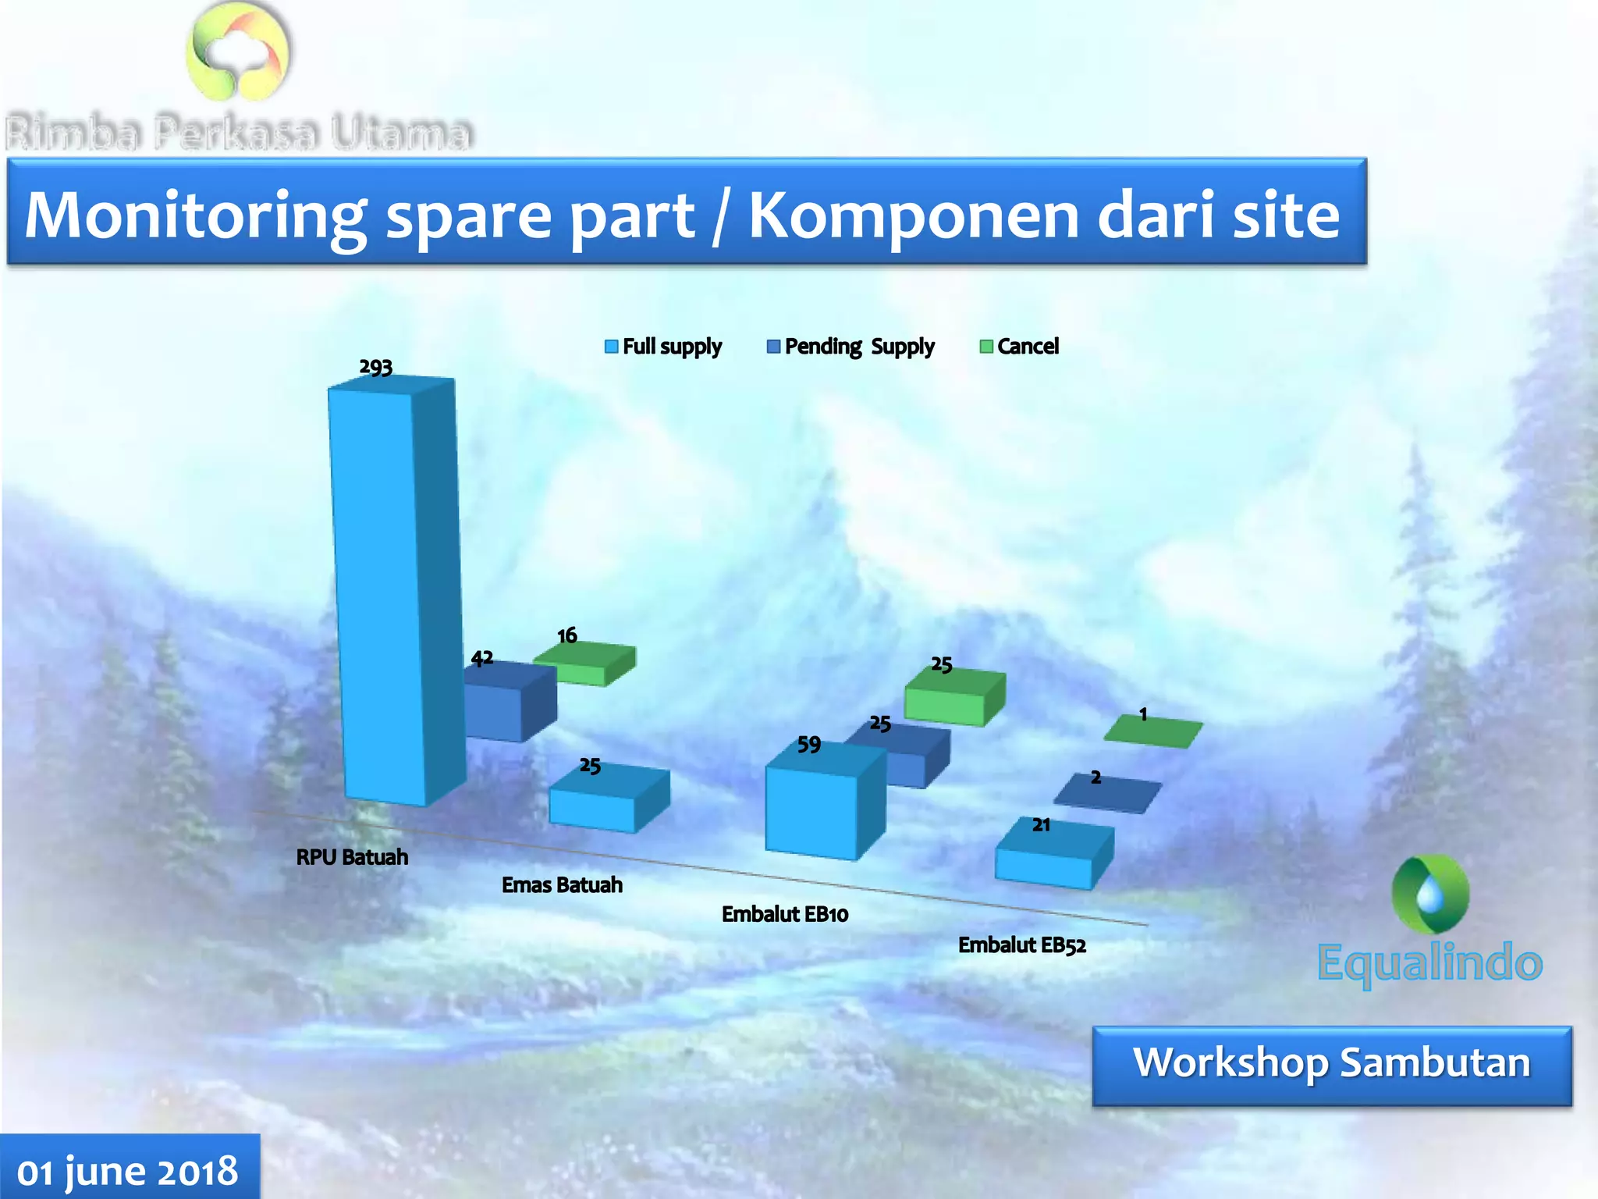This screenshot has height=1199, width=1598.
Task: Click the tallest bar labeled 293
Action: point(382,593)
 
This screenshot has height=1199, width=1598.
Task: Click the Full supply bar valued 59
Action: point(815,808)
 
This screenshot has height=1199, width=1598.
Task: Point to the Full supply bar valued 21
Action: point(1049,859)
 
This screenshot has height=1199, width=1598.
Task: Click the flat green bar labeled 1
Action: point(1152,732)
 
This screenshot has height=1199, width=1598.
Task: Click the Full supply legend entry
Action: point(663,347)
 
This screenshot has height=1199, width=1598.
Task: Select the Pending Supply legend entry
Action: point(850,347)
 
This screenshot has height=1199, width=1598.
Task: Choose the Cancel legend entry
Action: point(1019,347)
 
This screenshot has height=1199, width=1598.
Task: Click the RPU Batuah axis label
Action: point(352,857)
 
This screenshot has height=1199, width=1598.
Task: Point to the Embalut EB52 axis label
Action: point(1021,945)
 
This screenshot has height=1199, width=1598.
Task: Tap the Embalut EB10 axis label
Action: point(784,914)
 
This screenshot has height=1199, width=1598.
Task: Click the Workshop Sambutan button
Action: point(1331,1066)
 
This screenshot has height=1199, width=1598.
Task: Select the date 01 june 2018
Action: point(128,1171)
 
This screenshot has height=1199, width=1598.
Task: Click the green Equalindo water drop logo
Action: point(1430,895)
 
